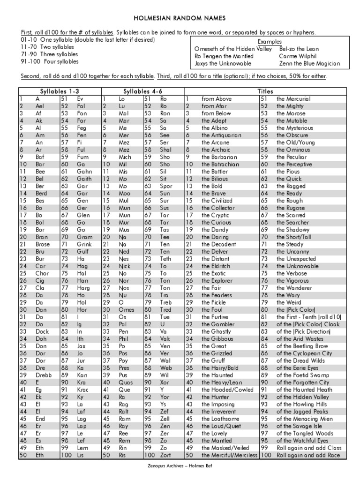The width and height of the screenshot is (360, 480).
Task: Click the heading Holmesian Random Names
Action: (180, 18)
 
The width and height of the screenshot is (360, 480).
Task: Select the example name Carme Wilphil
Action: (298, 56)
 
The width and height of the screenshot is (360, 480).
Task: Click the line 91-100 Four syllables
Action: (49, 61)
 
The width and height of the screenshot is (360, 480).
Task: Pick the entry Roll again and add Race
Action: (309, 455)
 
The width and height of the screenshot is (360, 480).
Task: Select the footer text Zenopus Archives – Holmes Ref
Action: (180, 466)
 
